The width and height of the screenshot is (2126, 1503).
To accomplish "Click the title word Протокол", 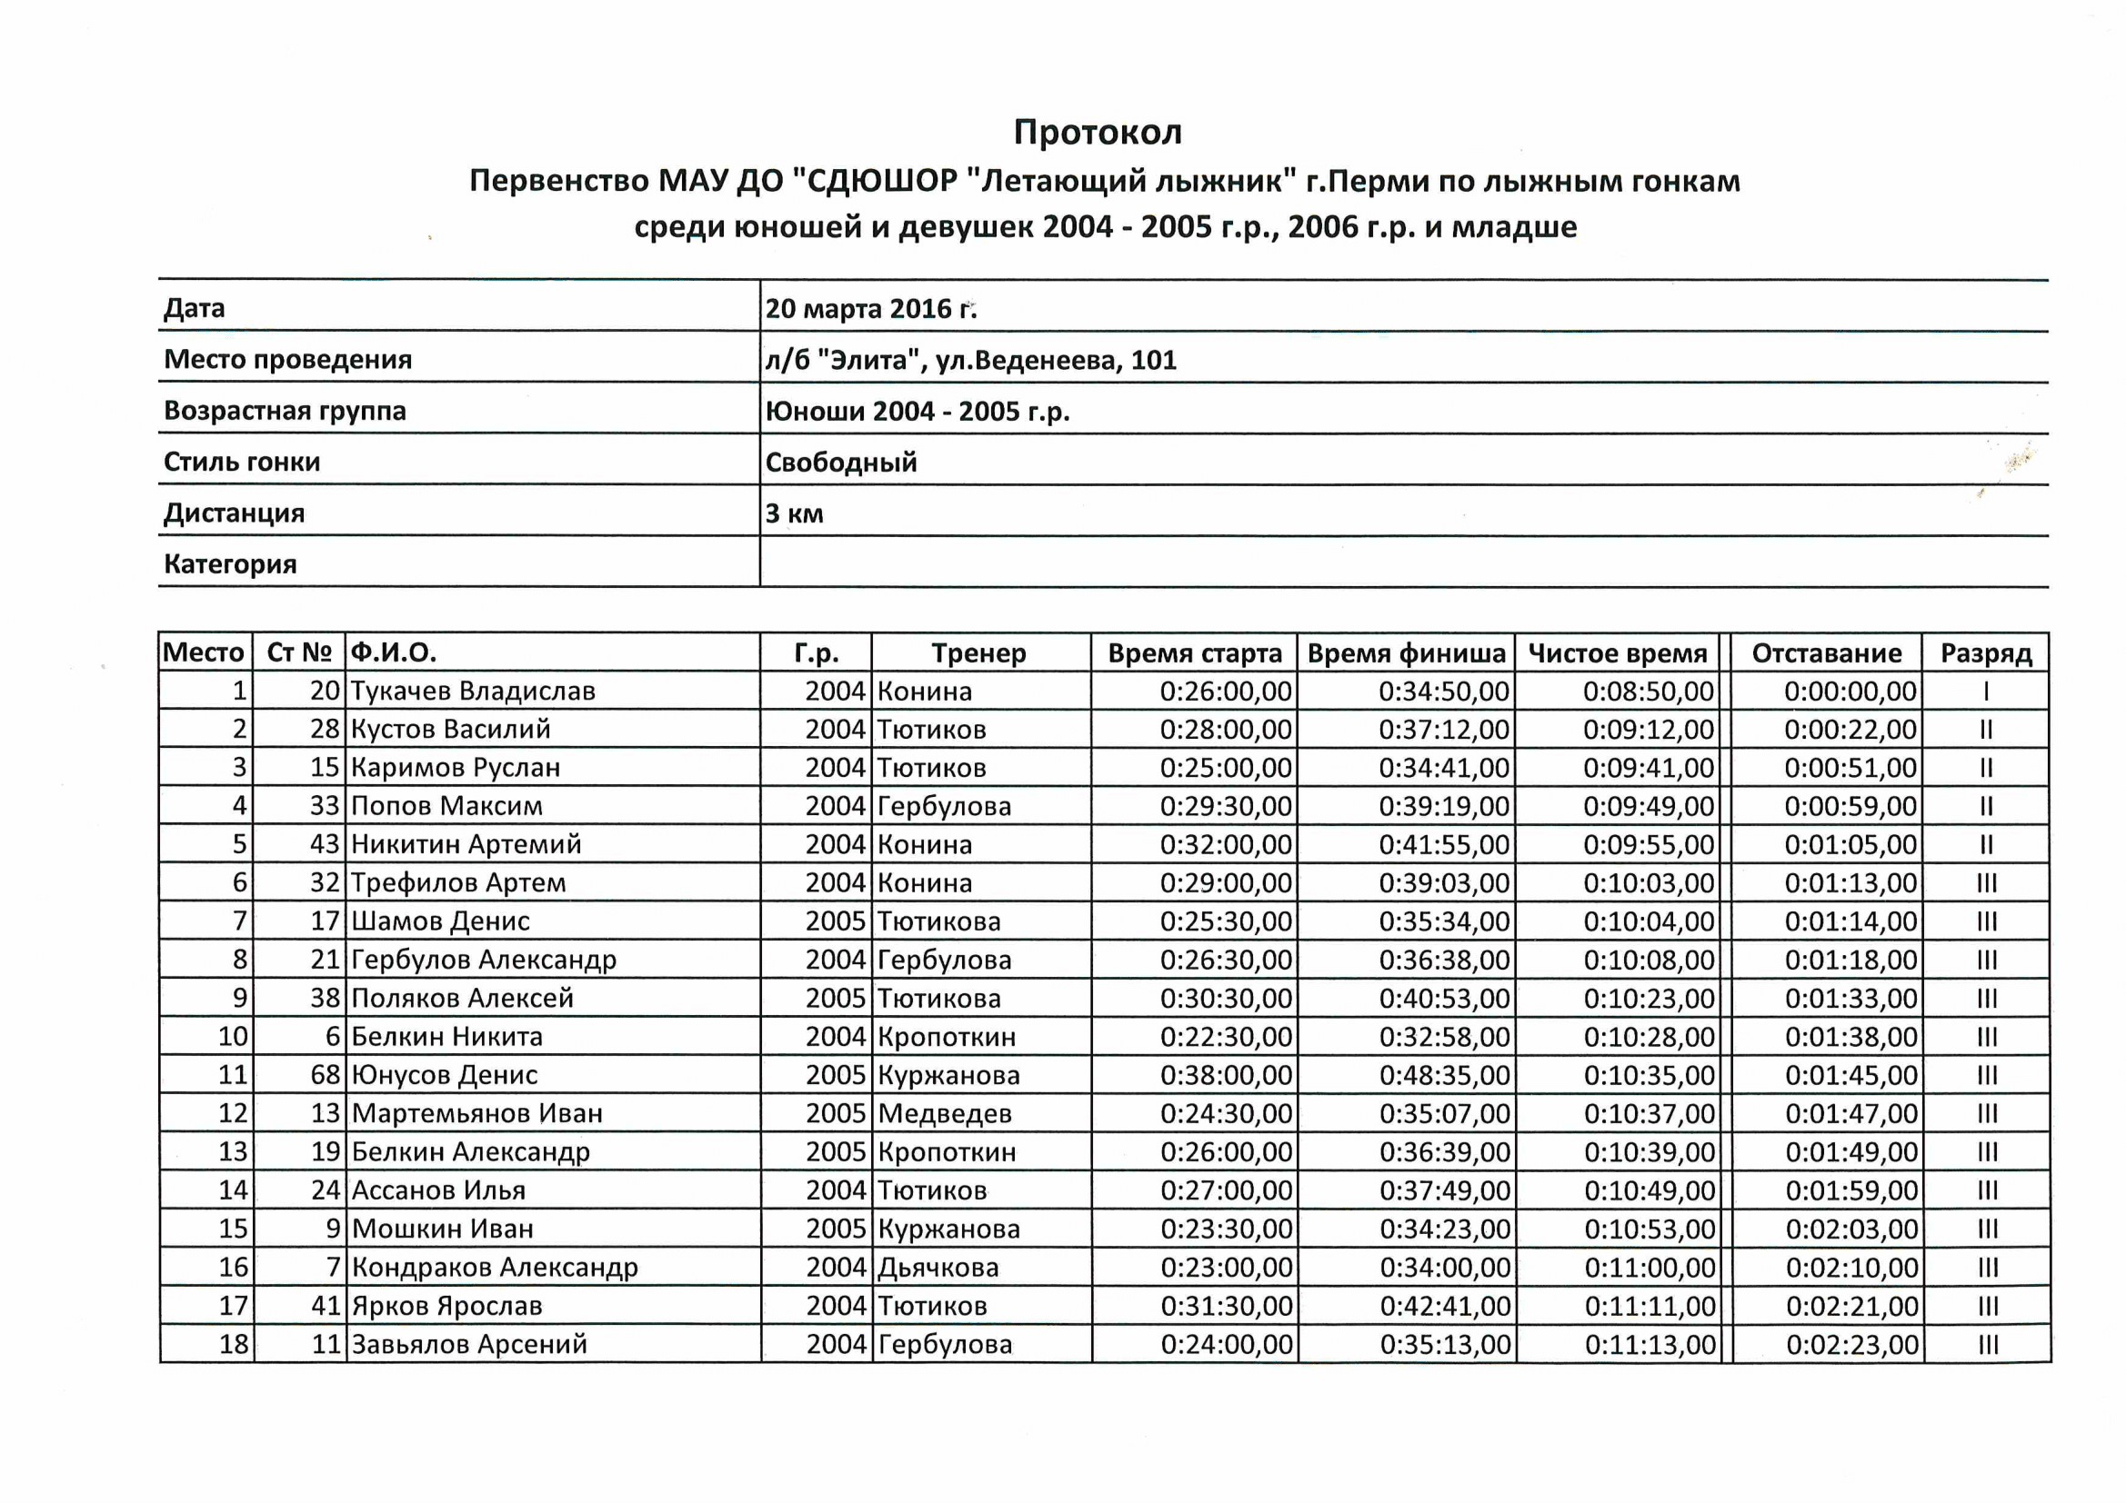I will (x=1098, y=133).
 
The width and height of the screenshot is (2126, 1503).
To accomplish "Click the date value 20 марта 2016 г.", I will (x=870, y=308).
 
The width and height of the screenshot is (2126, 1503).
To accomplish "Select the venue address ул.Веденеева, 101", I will (x=1056, y=360).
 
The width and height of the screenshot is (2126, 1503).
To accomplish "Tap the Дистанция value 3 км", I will (x=794, y=513).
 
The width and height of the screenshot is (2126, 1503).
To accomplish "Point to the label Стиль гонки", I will (x=242, y=462).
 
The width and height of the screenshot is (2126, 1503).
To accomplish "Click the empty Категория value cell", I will (x=1403, y=562).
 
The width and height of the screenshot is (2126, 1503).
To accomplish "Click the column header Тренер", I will (x=978, y=653).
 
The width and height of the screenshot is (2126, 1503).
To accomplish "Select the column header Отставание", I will (x=1826, y=653).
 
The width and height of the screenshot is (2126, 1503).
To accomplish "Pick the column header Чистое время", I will (x=1617, y=653).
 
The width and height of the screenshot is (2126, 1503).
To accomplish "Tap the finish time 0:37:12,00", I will (x=1444, y=731).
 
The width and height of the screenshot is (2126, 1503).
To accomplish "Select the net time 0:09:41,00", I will (x=1649, y=768).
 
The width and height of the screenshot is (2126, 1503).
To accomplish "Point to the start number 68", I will (x=325, y=1074).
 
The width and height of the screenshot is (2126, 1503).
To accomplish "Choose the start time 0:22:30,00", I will (x=1226, y=1037).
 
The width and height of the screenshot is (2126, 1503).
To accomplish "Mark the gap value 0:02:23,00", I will (x=1852, y=1344).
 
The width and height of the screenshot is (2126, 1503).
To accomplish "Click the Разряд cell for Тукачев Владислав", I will (x=1985, y=692).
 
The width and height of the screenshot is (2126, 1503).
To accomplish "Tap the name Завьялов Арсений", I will (x=468, y=1344).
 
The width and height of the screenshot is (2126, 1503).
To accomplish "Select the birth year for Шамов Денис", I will (x=834, y=921).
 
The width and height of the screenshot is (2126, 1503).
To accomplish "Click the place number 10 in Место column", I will (x=234, y=1037).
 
